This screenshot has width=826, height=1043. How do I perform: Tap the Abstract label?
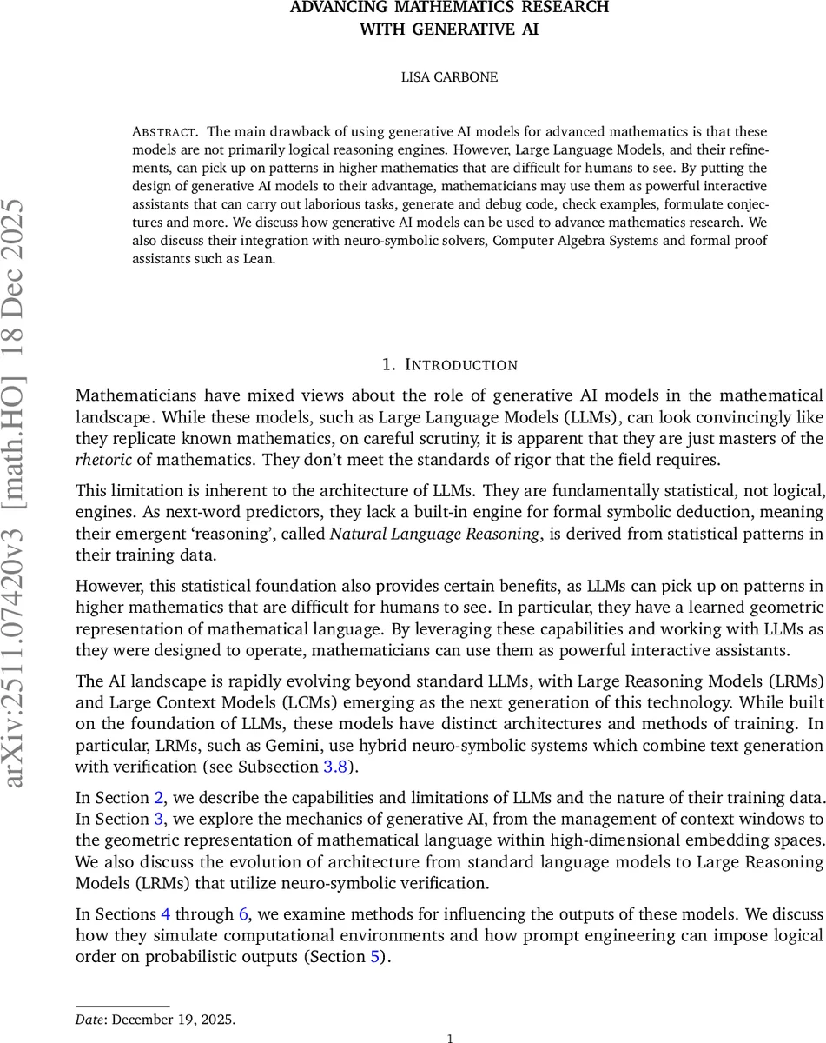click(164, 132)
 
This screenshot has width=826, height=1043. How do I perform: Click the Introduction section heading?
click(450, 365)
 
